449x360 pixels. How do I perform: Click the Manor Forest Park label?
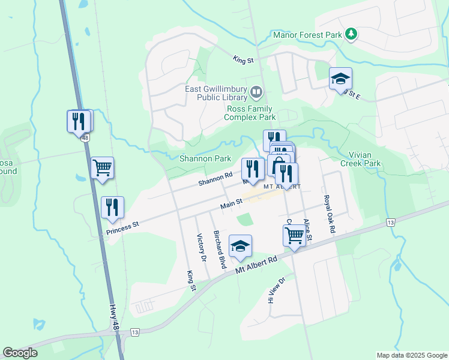307,35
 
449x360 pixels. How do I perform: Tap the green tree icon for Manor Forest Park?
351,34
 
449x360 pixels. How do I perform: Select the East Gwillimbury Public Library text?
216,92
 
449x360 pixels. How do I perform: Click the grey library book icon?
256,92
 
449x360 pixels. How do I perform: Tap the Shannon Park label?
205,159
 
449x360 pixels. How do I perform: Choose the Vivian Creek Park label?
360,159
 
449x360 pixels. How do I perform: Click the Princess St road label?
122,229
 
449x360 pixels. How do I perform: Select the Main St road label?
231,205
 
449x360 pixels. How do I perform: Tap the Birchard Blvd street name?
220,248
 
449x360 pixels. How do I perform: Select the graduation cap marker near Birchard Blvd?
240,246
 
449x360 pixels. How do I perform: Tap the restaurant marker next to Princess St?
112,208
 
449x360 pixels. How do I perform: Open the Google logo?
20,353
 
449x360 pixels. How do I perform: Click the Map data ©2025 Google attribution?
411,355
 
